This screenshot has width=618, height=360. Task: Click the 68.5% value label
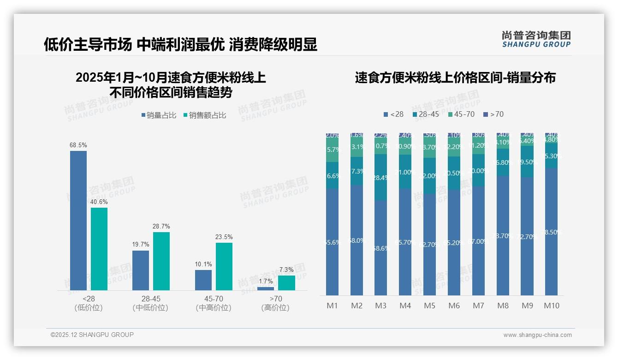click(x=78, y=145)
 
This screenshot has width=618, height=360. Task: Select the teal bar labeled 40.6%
click(x=99, y=249)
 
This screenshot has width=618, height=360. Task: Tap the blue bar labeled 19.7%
click(x=141, y=270)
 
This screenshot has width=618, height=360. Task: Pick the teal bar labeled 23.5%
click(x=224, y=266)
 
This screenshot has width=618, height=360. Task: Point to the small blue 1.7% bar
click(x=265, y=288)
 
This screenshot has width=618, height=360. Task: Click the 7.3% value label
click(x=286, y=270)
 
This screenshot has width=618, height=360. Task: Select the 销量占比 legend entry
click(x=159, y=115)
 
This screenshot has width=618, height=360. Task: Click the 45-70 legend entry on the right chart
click(x=461, y=114)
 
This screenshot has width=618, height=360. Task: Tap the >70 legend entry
click(x=493, y=114)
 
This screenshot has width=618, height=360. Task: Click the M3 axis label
click(x=381, y=306)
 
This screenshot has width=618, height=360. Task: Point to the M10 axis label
click(x=551, y=306)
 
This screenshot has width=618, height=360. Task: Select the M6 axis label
click(x=454, y=306)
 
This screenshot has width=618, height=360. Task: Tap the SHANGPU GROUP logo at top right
click(x=536, y=39)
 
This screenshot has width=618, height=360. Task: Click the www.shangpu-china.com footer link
click(x=537, y=335)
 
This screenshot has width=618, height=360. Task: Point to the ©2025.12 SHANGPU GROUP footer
click(x=92, y=335)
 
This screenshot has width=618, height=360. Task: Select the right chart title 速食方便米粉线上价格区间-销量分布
click(x=455, y=78)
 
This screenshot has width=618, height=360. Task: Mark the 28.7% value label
click(x=161, y=226)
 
